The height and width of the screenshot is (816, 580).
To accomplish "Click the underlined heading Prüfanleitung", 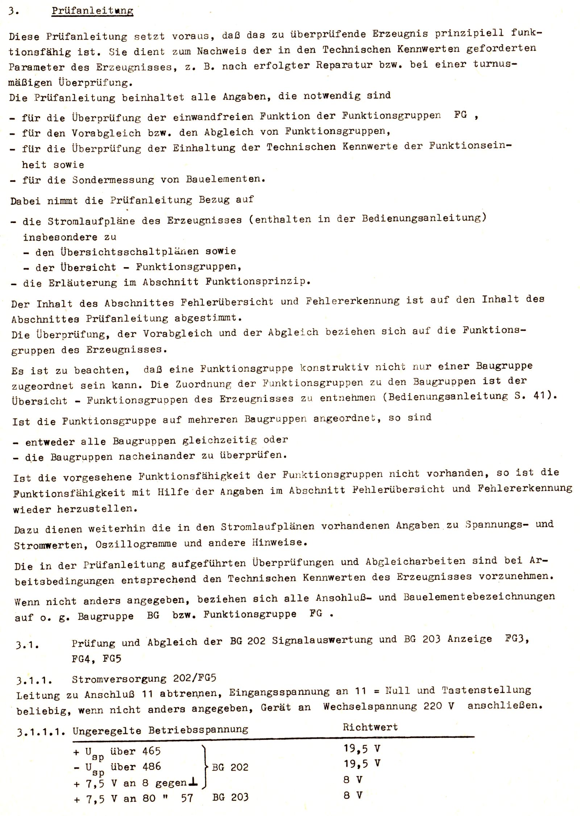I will coord(92,11).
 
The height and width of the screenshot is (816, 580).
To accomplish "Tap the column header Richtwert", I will coord(370,727).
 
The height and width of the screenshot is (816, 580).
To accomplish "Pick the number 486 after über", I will coord(152,766).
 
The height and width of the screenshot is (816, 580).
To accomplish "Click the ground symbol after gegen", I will coord(193,783).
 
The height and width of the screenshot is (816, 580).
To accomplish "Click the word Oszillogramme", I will coord(136,544).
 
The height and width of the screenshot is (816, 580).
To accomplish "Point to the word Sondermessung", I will coord(113,180).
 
